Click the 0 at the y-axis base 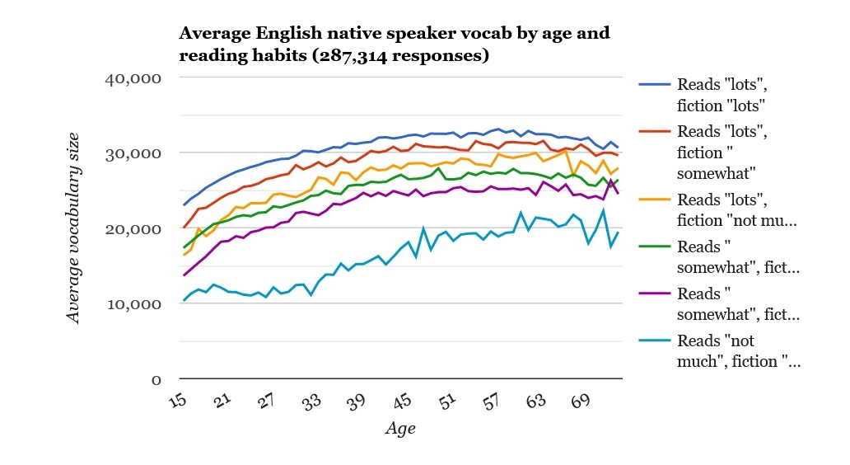point(155,379)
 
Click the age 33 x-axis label point(311,402)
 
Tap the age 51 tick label point(446,402)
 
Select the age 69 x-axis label point(581,402)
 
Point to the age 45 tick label point(402,402)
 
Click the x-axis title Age point(400,429)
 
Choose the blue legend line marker point(655,84)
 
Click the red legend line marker point(655,131)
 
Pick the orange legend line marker point(655,200)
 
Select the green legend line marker point(655,247)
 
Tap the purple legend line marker point(655,294)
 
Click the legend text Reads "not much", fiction point(737,351)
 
